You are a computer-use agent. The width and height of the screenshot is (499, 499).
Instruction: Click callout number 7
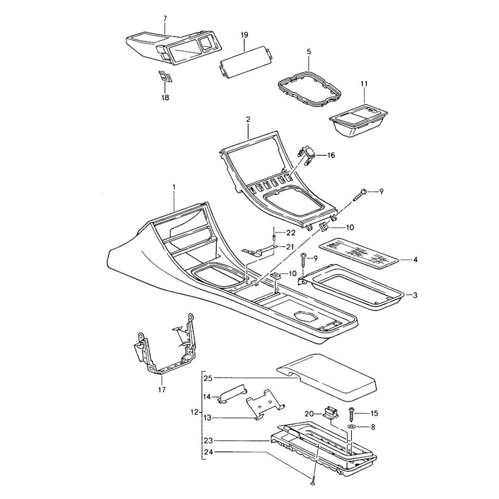click(x=165, y=18)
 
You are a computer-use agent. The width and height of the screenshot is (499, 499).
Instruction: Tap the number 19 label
click(x=244, y=34)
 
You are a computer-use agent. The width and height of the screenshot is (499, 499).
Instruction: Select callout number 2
click(x=248, y=120)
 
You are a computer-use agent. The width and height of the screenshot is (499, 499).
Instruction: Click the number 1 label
click(x=174, y=187)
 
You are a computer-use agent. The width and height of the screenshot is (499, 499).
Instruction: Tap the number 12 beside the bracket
click(x=194, y=413)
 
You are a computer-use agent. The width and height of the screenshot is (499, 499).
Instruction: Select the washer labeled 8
click(x=352, y=428)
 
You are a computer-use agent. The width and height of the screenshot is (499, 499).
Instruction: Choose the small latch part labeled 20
click(x=330, y=412)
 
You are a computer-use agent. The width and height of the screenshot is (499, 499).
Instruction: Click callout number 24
click(x=208, y=453)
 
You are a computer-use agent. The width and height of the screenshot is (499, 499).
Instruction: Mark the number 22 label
click(x=290, y=233)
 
